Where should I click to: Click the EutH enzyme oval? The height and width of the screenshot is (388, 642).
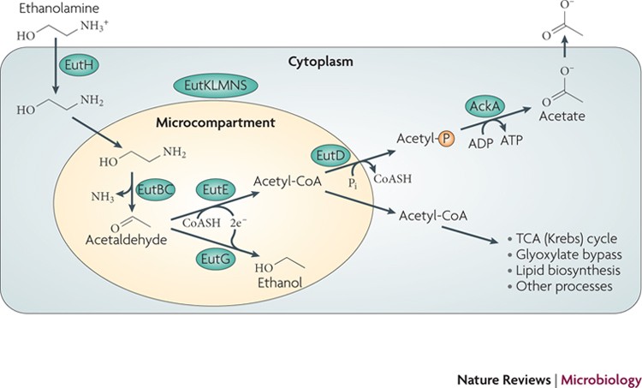[x=79, y=64]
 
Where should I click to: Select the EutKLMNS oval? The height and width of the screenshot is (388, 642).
[x=216, y=86]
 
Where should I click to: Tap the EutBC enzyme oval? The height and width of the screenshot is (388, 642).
[x=155, y=189]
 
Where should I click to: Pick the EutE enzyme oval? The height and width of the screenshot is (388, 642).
[x=216, y=190]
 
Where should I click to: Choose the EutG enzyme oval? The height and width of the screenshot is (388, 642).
[x=216, y=259]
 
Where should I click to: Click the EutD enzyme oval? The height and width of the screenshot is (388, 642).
[x=330, y=156]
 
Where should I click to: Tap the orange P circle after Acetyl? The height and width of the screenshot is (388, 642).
[x=446, y=140]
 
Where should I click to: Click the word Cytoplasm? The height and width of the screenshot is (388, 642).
[x=321, y=62]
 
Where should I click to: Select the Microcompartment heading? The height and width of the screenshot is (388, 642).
[x=216, y=122]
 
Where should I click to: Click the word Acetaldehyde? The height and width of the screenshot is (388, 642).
[x=126, y=240]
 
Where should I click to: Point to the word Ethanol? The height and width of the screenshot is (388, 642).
[x=280, y=283]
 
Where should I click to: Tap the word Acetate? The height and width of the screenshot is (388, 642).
[x=562, y=116]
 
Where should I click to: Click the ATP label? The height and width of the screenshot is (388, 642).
[x=512, y=140]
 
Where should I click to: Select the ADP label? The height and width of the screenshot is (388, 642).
[x=481, y=143]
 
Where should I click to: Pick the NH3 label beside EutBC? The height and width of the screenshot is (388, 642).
[x=103, y=197]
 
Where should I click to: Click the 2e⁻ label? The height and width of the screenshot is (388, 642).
[x=238, y=223]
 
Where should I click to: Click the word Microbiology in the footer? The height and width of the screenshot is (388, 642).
[x=601, y=379]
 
